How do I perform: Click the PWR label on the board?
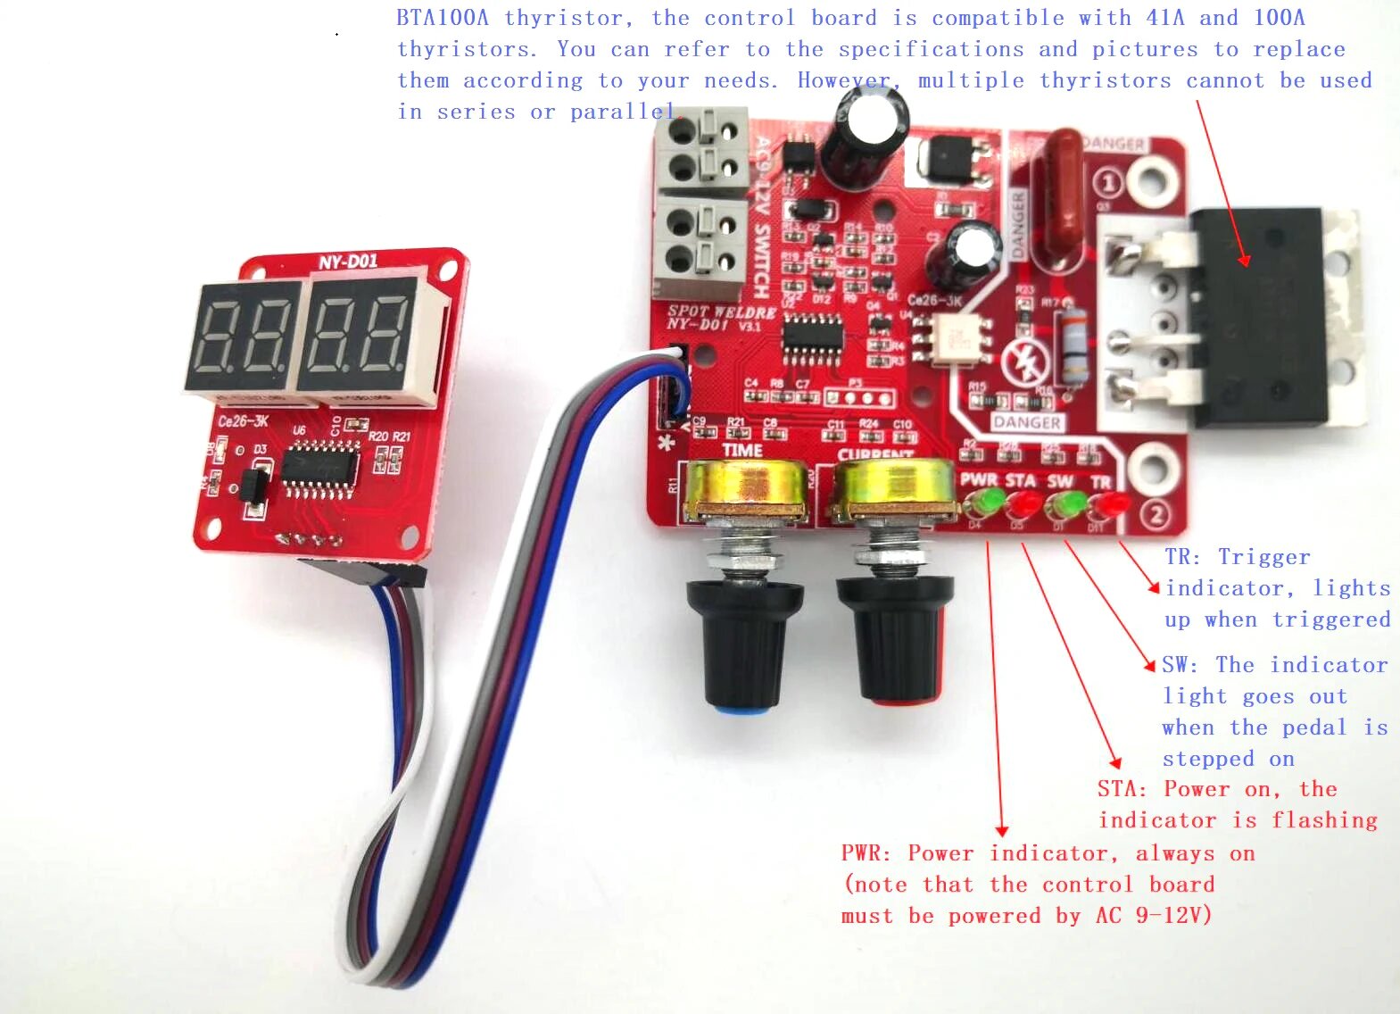pyautogui.click(x=978, y=480)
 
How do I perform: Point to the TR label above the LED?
pyautogui.click(x=1101, y=482)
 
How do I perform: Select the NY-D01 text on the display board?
pyautogui.click(x=348, y=262)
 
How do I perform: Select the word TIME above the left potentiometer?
pyautogui.click(x=742, y=451)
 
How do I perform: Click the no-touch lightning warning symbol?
pyautogui.click(x=1022, y=362)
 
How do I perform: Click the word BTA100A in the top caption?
pyautogui.click(x=442, y=18)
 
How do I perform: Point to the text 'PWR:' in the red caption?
pyautogui.click(x=866, y=853)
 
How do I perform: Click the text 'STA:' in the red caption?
pyautogui.click(x=1122, y=789)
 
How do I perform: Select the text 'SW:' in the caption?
pyautogui.click(x=1179, y=665)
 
